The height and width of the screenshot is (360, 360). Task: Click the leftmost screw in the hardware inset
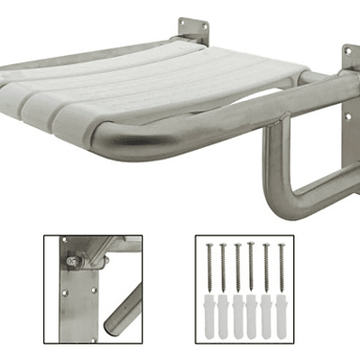[x=208, y=266]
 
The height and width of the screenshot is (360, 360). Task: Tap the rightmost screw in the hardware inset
[x=281, y=266]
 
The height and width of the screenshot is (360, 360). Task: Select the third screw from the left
[x=237, y=266]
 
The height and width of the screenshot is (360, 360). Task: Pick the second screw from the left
[x=223, y=266]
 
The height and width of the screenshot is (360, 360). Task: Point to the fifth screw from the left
[x=266, y=266]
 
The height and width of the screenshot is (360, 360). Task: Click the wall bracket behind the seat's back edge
[x=192, y=32]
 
